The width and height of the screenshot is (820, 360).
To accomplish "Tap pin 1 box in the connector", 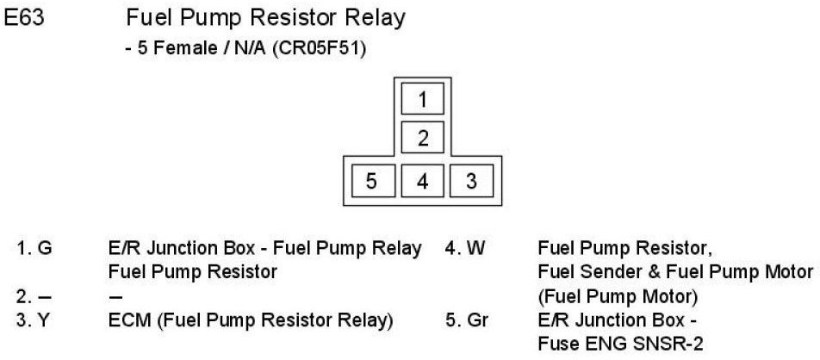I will pyautogui.click(x=422, y=100).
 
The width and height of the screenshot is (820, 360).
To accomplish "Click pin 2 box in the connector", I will pyautogui.click(x=422, y=138).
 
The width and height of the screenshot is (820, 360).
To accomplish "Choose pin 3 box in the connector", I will pyautogui.click(x=471, y=181).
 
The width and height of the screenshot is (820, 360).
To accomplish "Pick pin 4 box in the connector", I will pyautogui.click(x=422, y=181).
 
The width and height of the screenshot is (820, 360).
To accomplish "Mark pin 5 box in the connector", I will pyautogui.click(x=371, y=181).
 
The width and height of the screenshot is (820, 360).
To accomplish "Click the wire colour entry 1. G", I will pyautogui.click(x=36, y=250).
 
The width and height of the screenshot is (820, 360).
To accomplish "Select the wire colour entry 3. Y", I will pyautogui.click(x=35, y=320).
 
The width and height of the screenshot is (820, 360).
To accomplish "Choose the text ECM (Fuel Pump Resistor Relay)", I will pyautogui.click(x=251, y=320).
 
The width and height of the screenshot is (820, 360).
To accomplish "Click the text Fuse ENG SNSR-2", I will pyautogui.click(x=620, y=344).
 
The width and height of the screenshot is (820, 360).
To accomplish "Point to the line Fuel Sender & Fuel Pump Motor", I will pyautogui.click(x=675, y=273).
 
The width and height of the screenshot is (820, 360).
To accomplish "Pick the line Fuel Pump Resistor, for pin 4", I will pyautogui.click(x=624, y=250).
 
